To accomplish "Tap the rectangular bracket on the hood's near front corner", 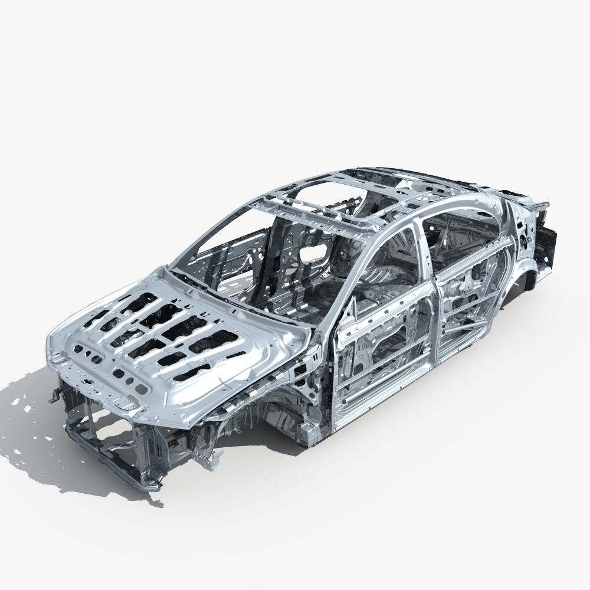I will click(x=125, y=405).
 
